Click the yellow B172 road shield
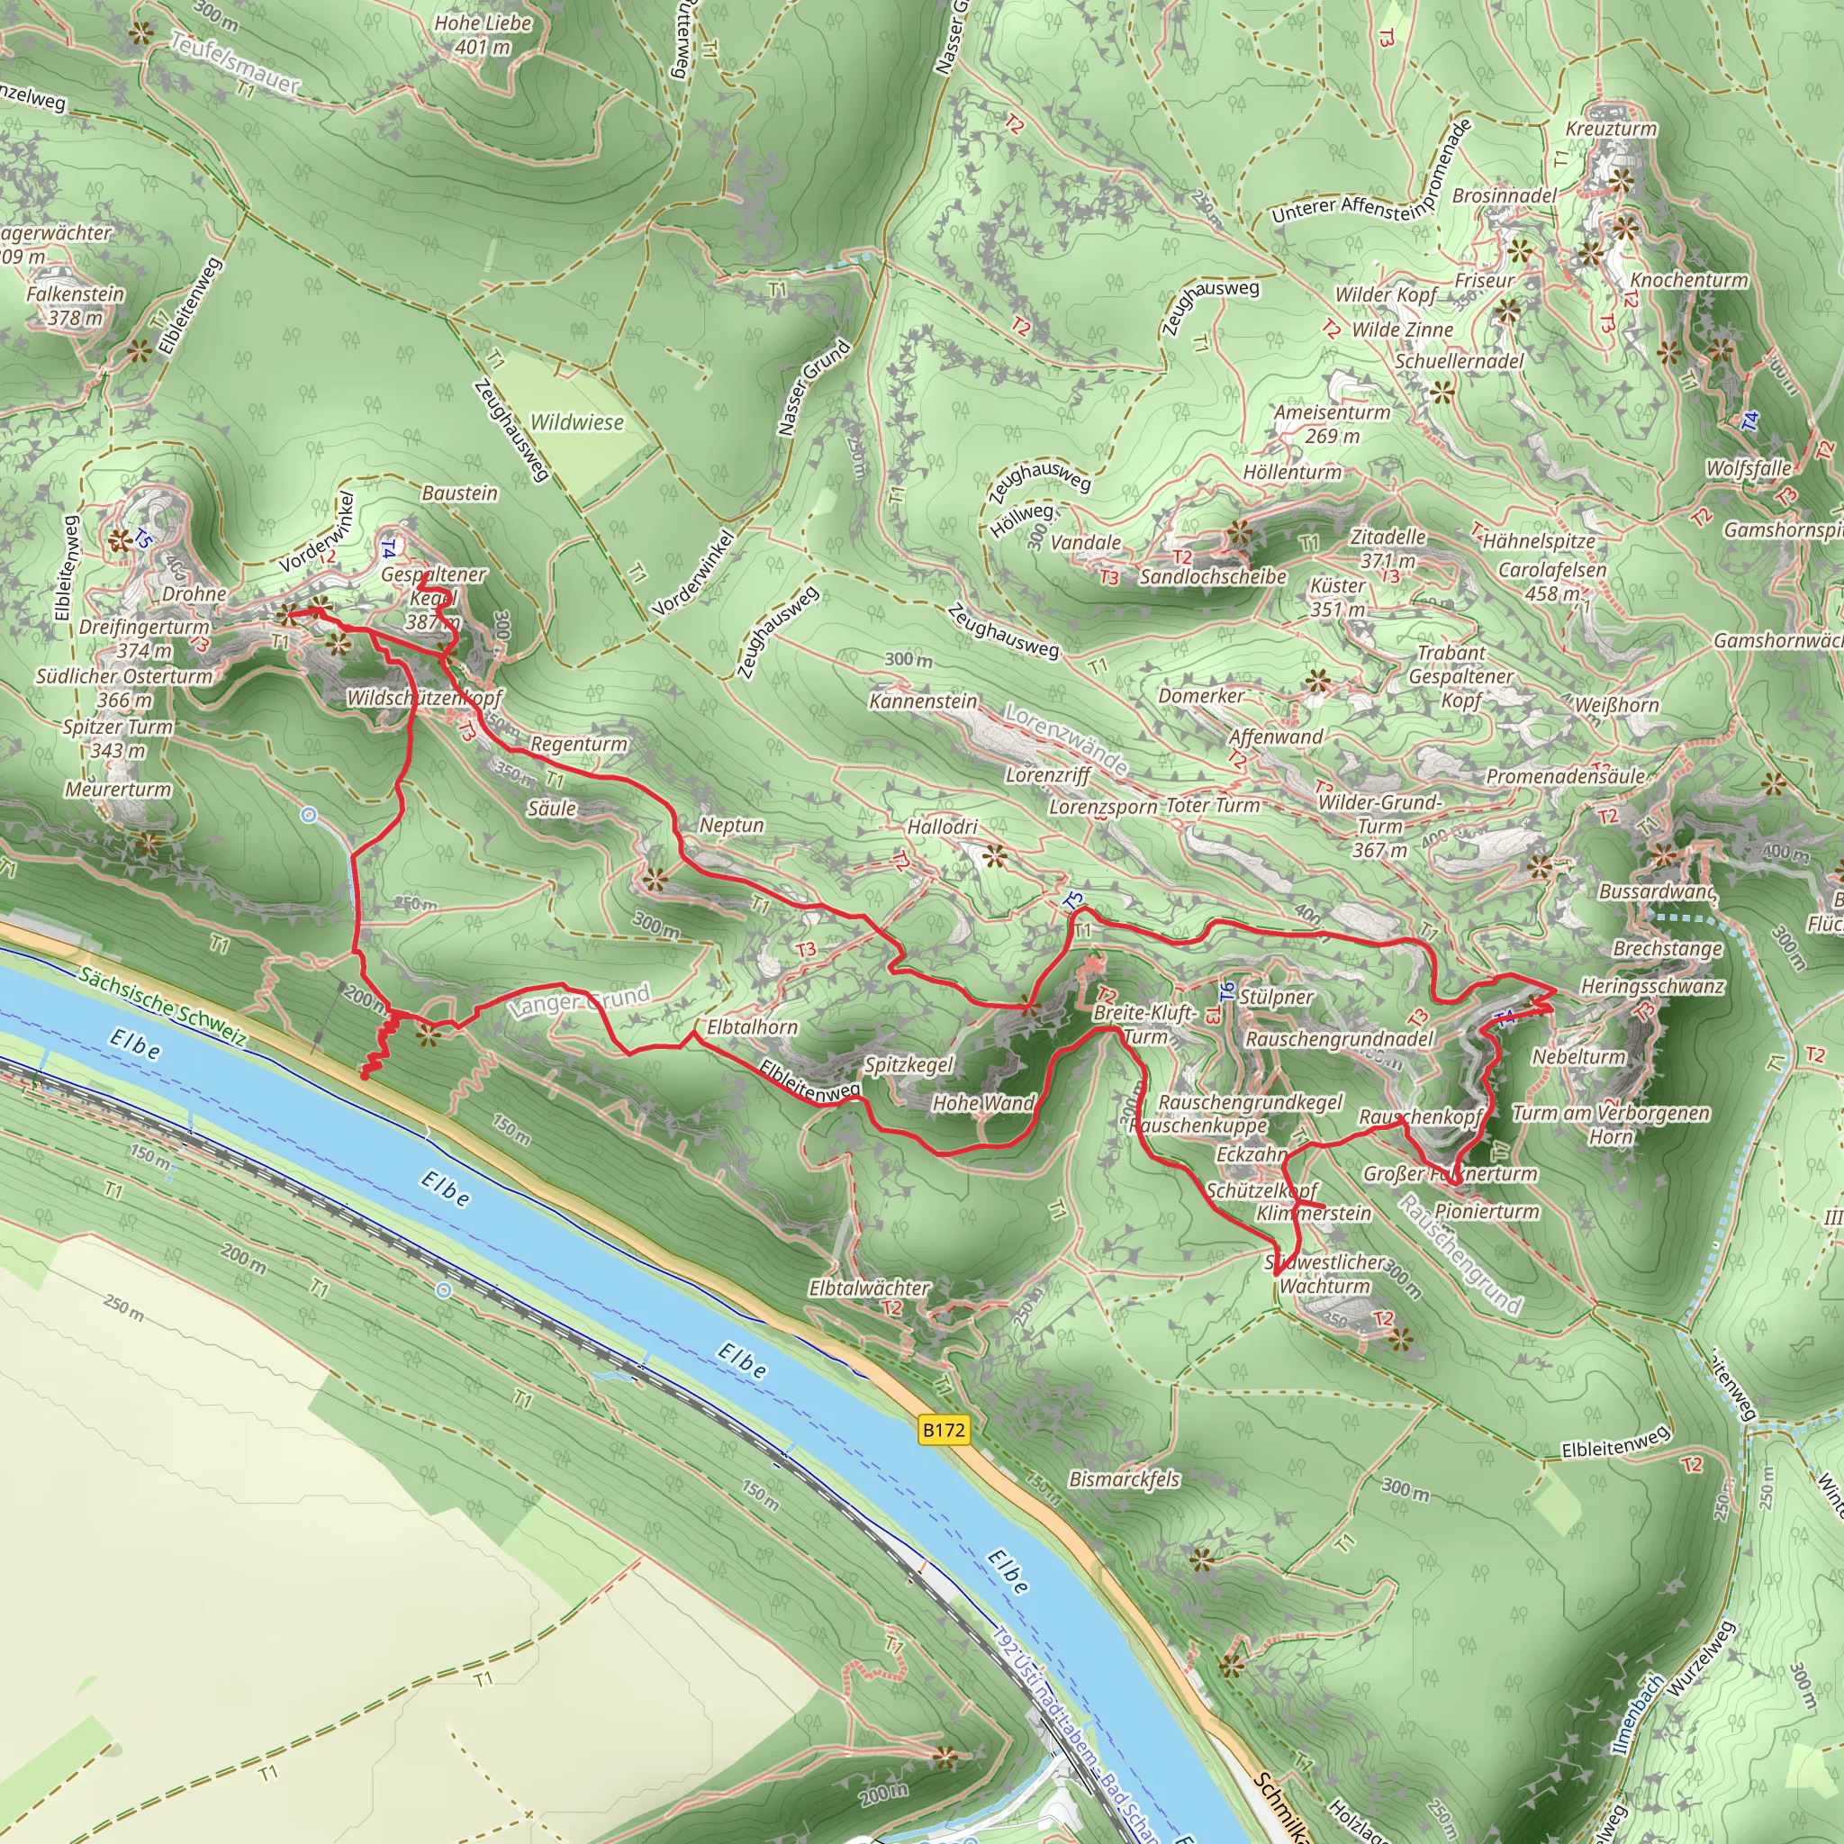coord(943,1429)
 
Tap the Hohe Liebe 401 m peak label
coord(483,34)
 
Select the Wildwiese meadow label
coord(576,422)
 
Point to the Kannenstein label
coord(923,701)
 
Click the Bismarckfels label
coord(1125,1479)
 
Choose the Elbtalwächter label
coord(869,1288)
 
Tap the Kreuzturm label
coord(1611,129)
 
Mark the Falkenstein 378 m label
coord(75,305)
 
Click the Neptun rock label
coord(731,826)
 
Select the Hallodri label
coord(942,827)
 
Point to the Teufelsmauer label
coord(235,62)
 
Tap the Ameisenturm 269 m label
coord(1333,424)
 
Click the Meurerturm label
coord(118,790)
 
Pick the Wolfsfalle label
coord(1749,468)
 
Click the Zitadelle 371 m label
coord(1388,549)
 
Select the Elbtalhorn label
coord(752,1027)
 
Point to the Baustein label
coord(459,493)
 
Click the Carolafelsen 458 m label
coord(1552,582)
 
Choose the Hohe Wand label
coord(983,1103)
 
